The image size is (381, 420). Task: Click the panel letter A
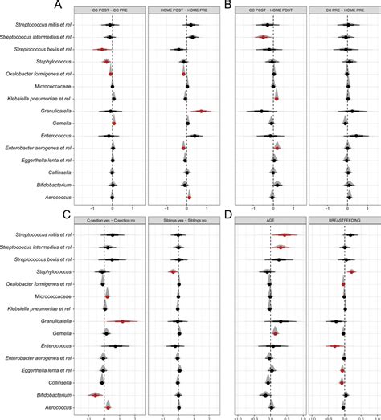[77, 6]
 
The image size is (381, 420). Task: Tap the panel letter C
[77, 215]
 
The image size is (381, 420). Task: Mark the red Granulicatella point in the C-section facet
[123, 321]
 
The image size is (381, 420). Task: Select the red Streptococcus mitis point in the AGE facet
[285, 235]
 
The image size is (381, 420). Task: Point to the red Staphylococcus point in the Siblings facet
[171, 273]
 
